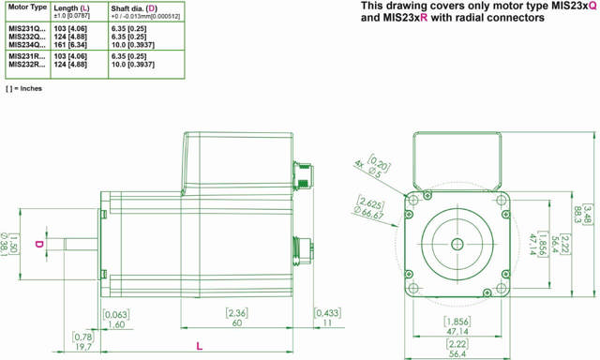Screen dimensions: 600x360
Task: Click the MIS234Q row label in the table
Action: (27, 45)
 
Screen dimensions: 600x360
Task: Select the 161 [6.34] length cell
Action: (70, 45)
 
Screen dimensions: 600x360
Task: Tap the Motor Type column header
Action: (27, 7)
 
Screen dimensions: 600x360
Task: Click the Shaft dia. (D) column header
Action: (134, 8)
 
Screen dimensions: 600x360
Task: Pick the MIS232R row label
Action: (27, 65)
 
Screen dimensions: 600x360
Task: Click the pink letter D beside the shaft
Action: (39, 244)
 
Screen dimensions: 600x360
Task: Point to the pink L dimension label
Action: (199, 347)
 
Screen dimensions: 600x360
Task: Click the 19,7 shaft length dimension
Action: (83, 347)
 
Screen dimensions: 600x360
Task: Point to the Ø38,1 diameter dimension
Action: (5, 245)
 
